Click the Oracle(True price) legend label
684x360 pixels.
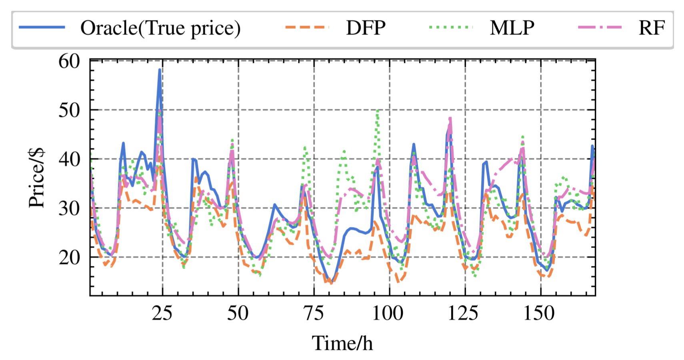(x=160, y=28)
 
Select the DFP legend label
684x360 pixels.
(x=366, y=28)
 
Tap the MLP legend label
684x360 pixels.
(x=512, y=28)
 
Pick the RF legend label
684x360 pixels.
(x=652, y=28)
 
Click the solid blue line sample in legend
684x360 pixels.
(x=42, y=27)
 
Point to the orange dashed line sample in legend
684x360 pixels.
(x=307, y=27)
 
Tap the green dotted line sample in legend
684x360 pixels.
(x=451, y=27)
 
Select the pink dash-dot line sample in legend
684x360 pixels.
(x=600, y=27)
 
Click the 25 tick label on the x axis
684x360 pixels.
(x=162, y=313)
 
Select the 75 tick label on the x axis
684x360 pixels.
(x=314, y=313)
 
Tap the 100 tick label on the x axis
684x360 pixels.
(x=388, y=313)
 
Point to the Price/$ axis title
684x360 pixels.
(x=36, y=178)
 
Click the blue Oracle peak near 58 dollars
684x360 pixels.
(x=160, y=70)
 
